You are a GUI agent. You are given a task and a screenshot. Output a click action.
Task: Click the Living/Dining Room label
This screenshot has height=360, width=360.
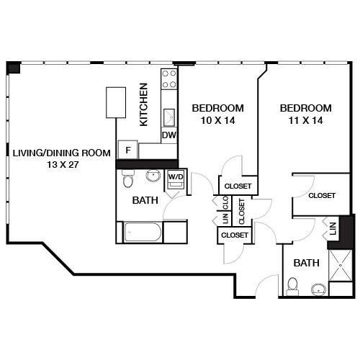tap(61, 153)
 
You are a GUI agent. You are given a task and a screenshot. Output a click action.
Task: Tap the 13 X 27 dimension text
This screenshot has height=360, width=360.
tap(61, 164)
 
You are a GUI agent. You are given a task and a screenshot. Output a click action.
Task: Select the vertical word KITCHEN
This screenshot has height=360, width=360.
tap(144, 104)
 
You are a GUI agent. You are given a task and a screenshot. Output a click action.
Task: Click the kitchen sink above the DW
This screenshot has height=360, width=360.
tap(170, 117)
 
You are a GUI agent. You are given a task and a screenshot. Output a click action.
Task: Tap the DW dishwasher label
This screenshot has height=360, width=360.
tap(169, 135)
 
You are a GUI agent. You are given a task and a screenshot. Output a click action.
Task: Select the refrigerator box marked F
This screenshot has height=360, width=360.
tap(128, 150)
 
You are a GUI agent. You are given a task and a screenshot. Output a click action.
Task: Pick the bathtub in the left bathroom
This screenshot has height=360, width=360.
tap(143, 232)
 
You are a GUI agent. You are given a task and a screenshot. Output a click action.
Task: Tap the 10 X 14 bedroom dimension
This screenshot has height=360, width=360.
tap(217, 120)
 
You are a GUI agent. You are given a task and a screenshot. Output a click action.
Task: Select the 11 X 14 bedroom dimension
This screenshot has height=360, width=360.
tap(306, 120)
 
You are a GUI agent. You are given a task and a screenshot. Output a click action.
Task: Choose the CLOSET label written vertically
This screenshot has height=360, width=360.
tap(241, 210)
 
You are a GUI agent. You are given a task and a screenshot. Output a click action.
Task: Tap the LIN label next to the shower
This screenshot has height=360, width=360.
tap(333, 230)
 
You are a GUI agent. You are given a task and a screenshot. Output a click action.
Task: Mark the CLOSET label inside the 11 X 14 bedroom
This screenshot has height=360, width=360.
tap(322, 195)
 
